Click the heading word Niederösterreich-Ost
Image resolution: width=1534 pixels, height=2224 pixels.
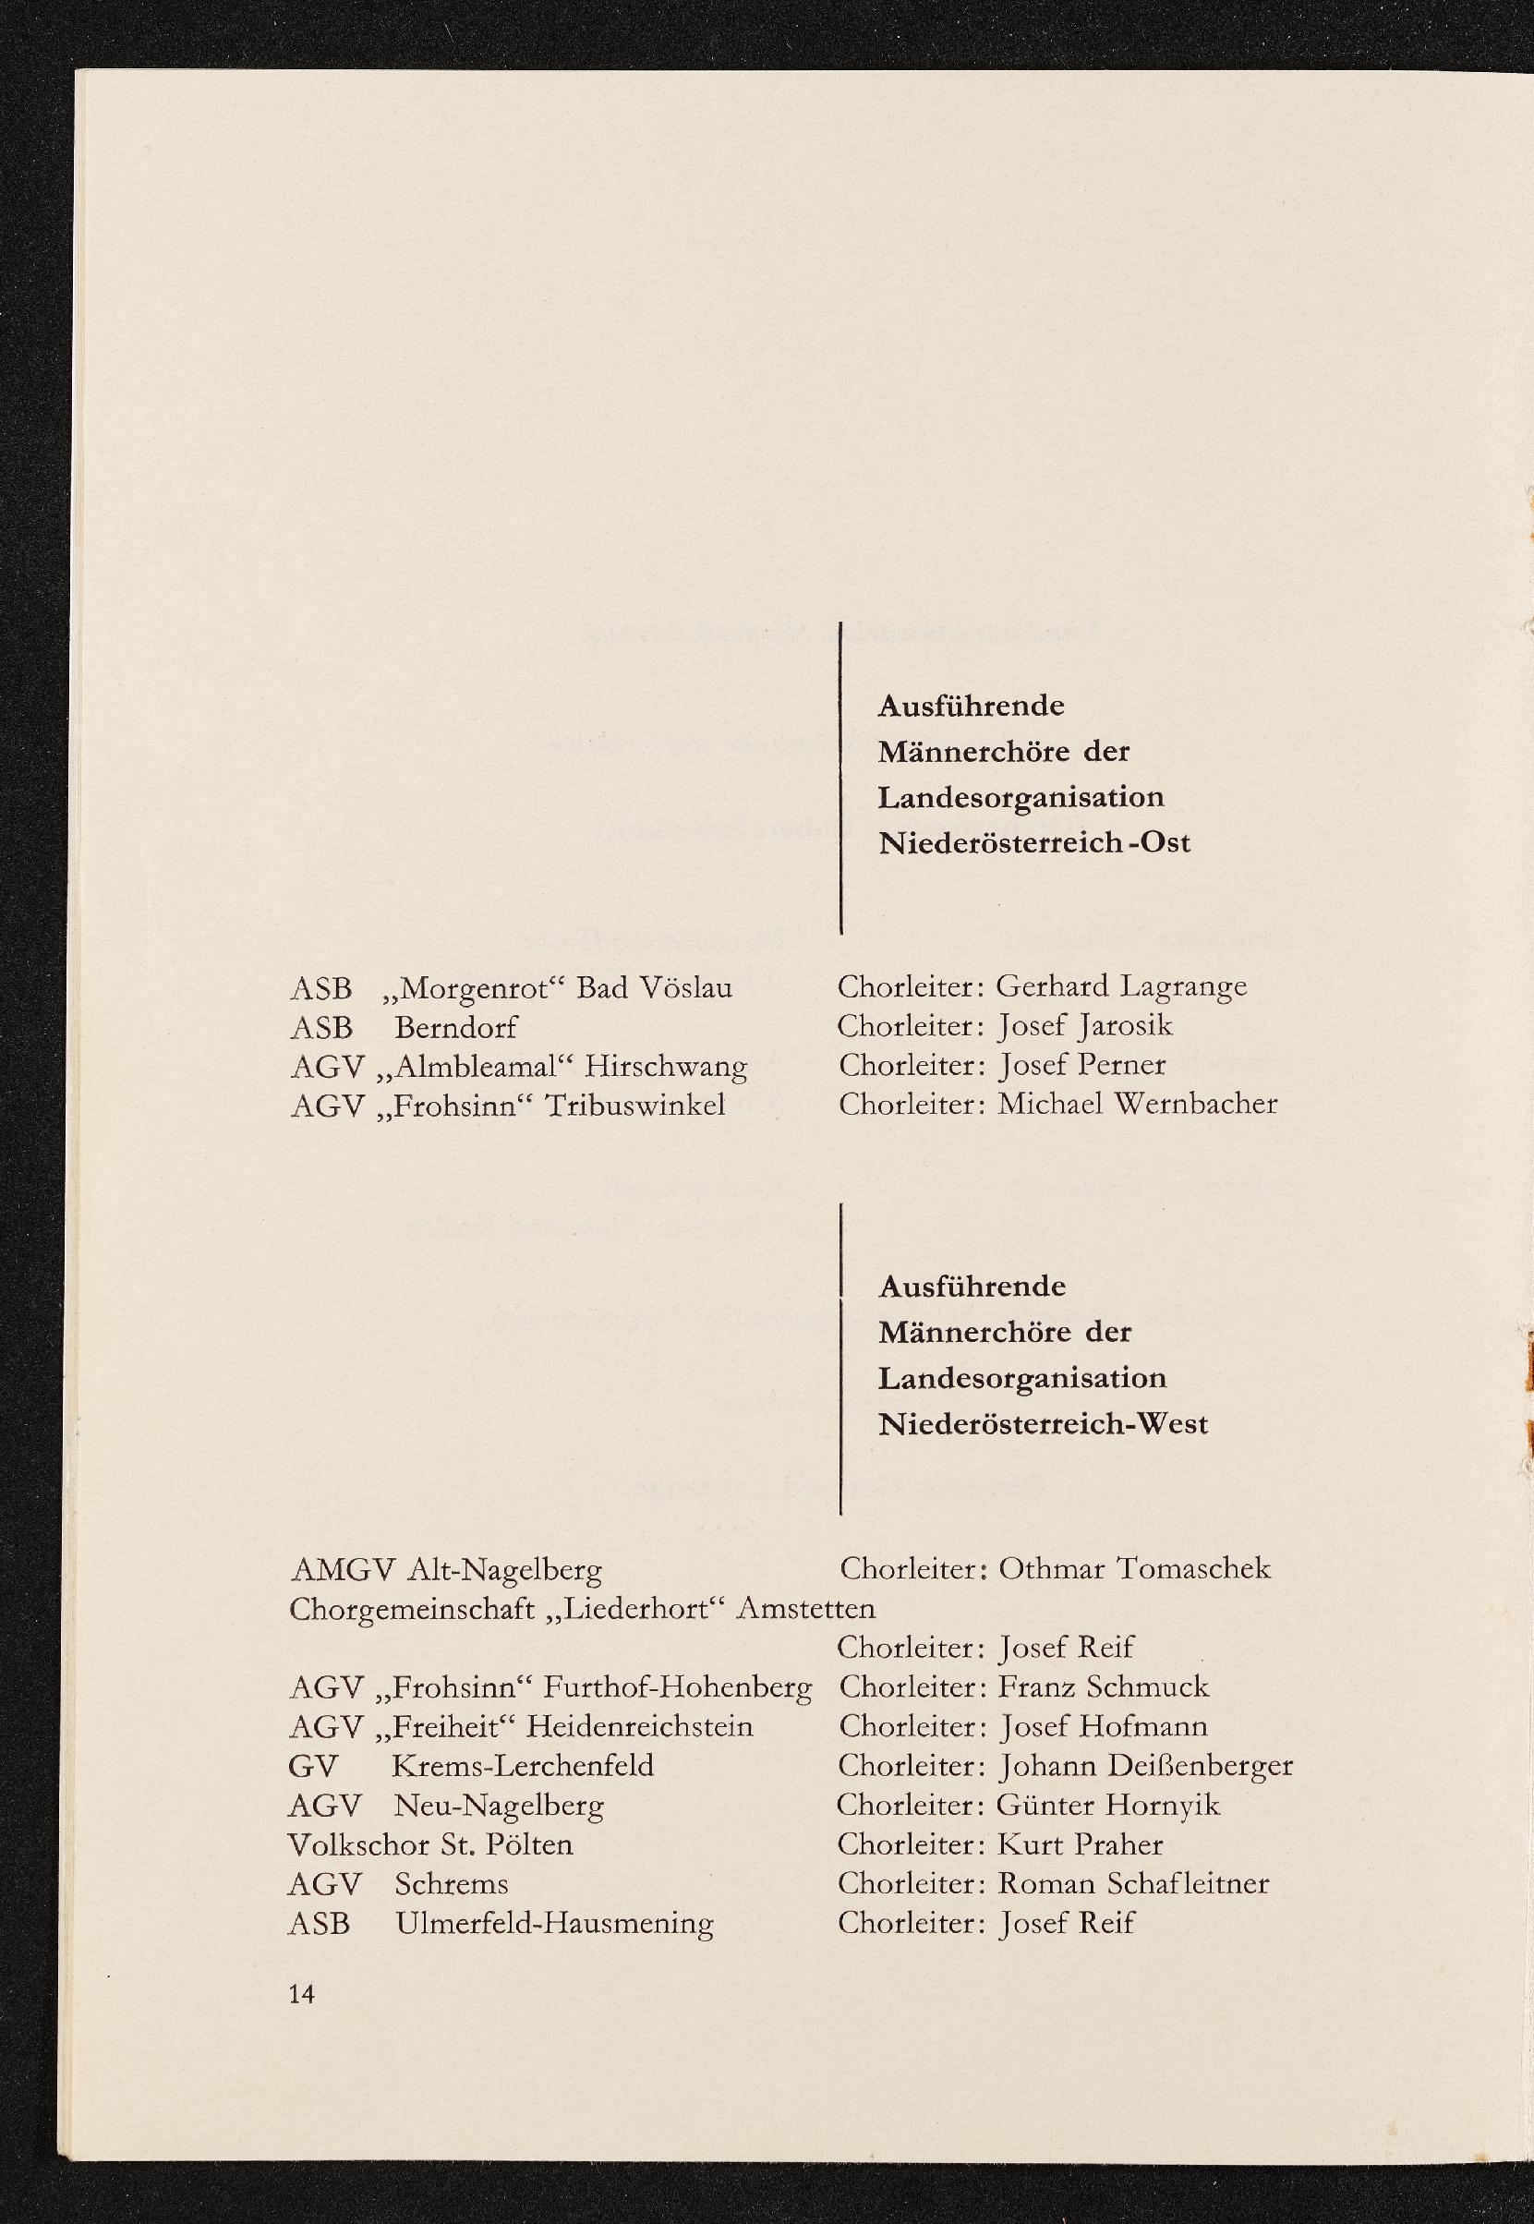pos(1034,843)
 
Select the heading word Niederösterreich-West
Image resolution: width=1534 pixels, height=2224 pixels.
pos(1043,1423)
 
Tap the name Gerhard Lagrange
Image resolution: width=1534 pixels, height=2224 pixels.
pos(1122,986)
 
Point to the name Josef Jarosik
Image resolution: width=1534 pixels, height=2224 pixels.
pos(1085,1025)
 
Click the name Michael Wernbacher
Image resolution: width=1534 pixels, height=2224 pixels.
pos(1137,1104)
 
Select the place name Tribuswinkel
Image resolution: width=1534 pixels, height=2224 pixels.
pos(634,1106)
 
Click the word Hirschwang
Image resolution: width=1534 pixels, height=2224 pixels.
pos(665,1066)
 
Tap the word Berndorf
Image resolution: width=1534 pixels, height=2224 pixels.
pos(455,1027)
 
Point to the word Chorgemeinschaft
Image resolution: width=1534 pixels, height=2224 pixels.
pos(411,1609)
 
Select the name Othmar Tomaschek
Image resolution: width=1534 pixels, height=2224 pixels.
pos(1134,1568)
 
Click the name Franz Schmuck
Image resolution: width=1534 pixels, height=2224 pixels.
pos(1104,1686)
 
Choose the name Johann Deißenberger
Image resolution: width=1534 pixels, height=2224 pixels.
pos(1146,1766)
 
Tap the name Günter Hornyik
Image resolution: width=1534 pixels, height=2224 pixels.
pos(1108,1805)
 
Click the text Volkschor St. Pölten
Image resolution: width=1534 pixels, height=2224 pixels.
pos(430,1844)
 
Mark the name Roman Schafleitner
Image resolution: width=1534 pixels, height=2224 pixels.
pos(1133,1884)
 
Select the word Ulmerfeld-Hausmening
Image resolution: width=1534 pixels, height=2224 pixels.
pos(553,1923)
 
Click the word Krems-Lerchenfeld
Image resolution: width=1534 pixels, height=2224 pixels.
pos(523,1766)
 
